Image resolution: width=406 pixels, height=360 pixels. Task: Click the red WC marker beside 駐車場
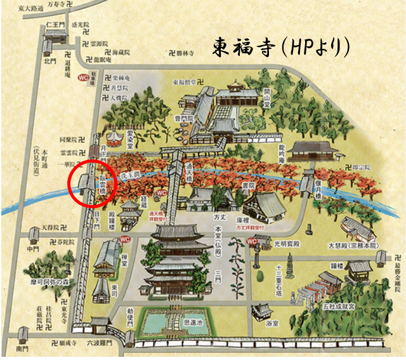pos(83,77)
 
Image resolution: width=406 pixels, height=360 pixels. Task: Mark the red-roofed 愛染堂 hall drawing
pos(115,138)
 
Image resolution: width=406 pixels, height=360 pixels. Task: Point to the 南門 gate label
pos(23,347)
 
